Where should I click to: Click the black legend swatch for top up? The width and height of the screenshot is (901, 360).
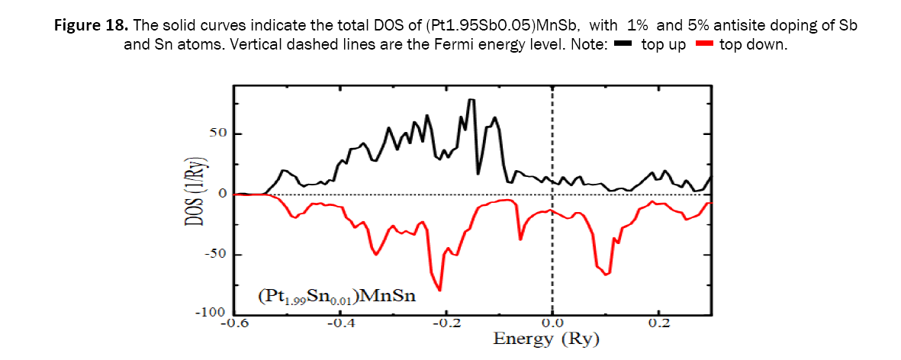(x=620, y=45)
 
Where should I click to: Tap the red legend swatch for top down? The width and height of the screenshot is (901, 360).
(x=704, y=45)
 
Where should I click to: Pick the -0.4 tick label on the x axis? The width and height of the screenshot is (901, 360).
(x=340, y=324)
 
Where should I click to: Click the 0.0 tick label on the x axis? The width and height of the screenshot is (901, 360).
(x=552, y=324)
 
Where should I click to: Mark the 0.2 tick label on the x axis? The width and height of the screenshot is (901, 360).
(x=658, y=324)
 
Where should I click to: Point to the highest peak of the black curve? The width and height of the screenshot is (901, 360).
(x=471, y=99)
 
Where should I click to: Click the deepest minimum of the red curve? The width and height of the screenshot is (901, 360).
(x=439, y=291)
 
